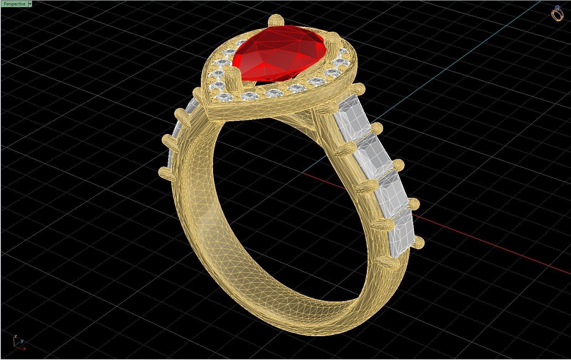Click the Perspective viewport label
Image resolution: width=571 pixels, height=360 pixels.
[14, 4]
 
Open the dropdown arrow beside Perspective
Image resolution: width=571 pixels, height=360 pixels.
[30, 4]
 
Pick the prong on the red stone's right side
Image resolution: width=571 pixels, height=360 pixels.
[332, 40]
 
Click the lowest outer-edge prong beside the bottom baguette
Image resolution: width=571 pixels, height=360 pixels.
[418, 243]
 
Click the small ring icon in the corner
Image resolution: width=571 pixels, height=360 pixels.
[557, 14]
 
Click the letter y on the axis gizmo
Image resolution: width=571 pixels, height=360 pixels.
[22, 341]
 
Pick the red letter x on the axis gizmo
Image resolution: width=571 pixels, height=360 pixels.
[24, 349]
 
